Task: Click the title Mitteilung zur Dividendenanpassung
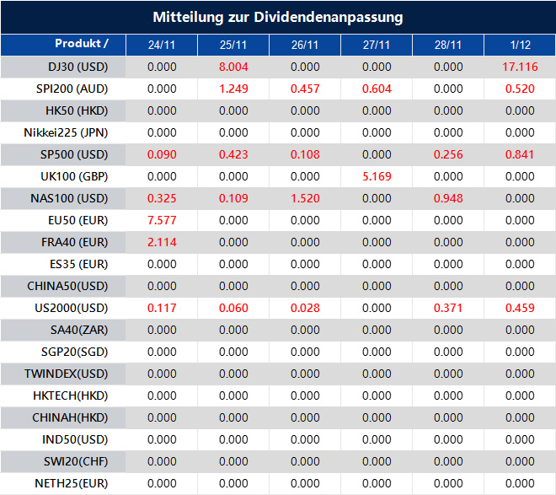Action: [x=278, y=17]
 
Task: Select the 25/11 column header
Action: [x=233, y=45]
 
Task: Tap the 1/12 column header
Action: [x=520, y=45]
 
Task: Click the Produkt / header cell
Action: [x=82, y=44]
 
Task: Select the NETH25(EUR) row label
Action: [x=72, y=483]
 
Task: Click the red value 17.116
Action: [x=520, y=67]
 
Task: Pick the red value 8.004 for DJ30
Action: [x=233, y=67]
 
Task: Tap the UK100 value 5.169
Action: [x=377, y=176]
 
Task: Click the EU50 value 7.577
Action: [x=162, y=220]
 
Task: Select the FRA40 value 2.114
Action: [x=162, y=242]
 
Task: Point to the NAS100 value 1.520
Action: [x=305, y=198]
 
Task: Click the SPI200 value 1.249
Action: [x=233, y=89]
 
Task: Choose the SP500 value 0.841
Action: [x=520, y=154]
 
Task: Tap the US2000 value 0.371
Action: [x=448, y=308]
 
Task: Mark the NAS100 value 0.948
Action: [x=448, y=198]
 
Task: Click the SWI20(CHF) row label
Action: [x=72, y=461]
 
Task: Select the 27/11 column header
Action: [x=377, y=45]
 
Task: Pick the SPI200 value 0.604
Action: [x=377, y=89]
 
